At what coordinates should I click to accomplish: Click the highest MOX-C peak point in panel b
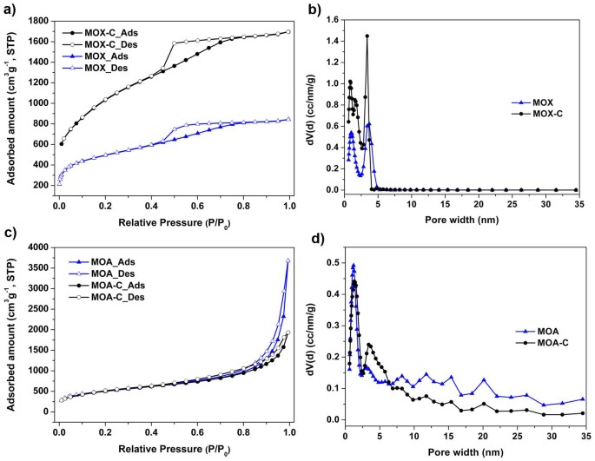click(x=367, y=36)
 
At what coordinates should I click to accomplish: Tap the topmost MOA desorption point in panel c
click(x=288, y=260)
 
